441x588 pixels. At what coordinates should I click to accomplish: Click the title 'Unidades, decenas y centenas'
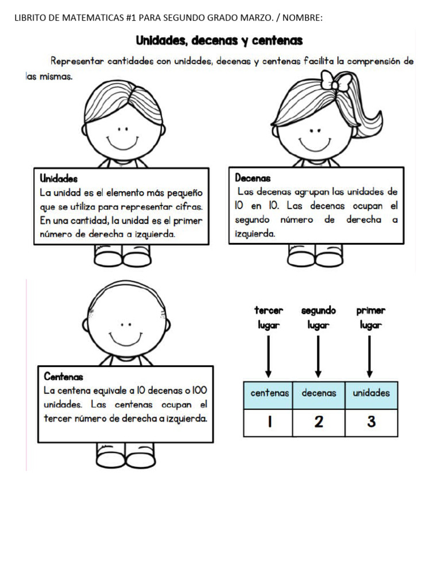click(219, 41)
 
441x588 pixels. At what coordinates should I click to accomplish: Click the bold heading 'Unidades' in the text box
click(59, 179)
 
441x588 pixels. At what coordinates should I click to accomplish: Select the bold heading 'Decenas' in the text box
click(253, 178)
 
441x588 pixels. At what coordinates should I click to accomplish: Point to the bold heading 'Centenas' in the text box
click(64, 377)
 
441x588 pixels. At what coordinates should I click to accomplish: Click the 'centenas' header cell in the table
click(269, 393)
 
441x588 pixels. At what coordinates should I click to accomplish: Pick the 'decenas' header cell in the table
click(319, 393)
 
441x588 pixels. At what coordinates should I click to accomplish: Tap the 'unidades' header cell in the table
click(371, 393)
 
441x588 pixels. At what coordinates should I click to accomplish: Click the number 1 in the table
click(269, 422)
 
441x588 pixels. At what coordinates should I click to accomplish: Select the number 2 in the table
click(319, 422)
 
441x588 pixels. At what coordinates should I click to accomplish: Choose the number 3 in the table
click(371, 422)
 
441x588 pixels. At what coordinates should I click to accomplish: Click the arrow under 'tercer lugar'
click(268, 356)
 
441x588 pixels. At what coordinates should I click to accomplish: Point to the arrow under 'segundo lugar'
click(318, 356)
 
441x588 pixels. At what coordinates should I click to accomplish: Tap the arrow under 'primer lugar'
click(370, 356)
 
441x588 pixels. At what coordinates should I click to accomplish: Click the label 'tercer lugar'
click(268, 318)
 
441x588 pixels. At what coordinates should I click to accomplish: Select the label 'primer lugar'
click(370, 318)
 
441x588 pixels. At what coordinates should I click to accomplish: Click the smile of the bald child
click(122, 338)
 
